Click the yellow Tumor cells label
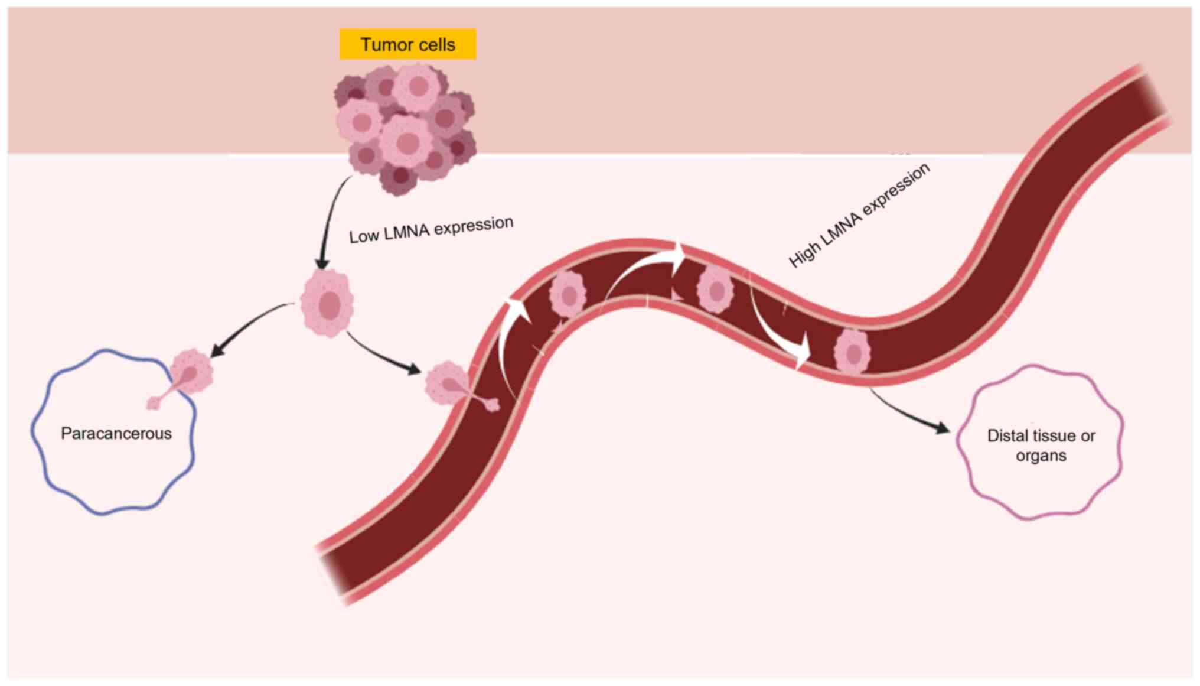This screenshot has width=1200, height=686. (x=407, y=44)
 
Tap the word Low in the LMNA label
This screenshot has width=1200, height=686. (x=363, y=236)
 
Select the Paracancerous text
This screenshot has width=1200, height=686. (x=116, y=434)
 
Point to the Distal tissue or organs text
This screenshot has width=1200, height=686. (x=1041, y=446)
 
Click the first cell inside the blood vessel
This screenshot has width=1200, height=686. (x=568, y=295)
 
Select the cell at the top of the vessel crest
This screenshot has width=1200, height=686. (x=715, y=290)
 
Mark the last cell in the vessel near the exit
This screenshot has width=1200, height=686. (x=852, y=352)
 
